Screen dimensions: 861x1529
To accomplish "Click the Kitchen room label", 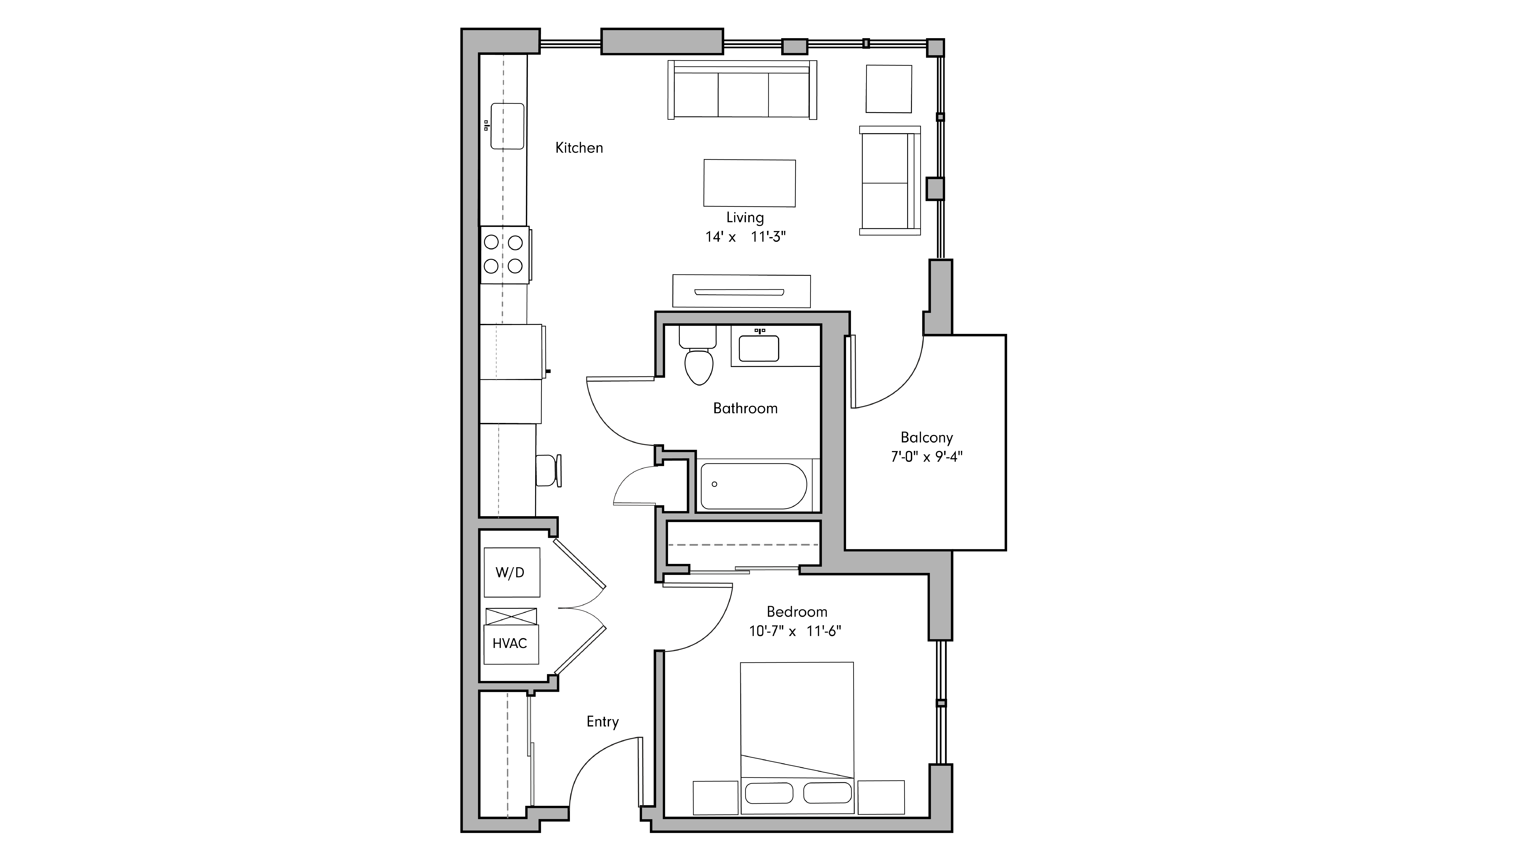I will tap(579, 148).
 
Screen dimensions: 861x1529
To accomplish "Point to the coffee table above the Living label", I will tap(749, 183).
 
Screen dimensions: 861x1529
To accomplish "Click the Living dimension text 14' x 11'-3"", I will tap(745, 237).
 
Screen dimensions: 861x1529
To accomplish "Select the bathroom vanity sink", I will tap(759, 348).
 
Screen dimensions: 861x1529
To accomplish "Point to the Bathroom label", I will tap(745, 408).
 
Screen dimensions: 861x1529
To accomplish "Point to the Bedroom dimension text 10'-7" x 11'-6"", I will tap(795, 631).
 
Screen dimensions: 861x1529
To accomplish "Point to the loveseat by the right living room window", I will tap(889, 181).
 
